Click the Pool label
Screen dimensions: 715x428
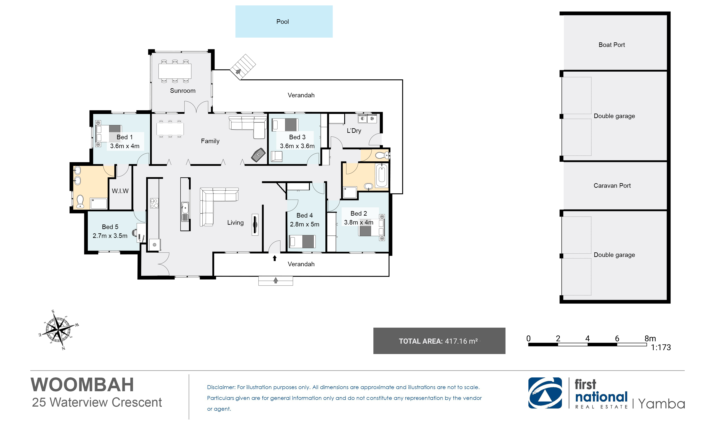pos(283,22)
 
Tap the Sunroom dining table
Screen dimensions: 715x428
pos(175,71)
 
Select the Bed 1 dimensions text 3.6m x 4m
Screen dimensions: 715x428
pos(125,146)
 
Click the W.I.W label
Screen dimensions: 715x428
pos(120,191)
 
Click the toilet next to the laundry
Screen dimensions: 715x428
pos(383,155)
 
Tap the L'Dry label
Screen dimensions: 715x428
pos(354,131)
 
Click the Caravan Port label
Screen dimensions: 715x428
pos(612,185)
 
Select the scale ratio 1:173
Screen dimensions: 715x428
pos(661,347)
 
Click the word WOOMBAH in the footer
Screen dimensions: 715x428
pos(82,385)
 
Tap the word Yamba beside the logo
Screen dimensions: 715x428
pos(661,404)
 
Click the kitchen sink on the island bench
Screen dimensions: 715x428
pos(185,212)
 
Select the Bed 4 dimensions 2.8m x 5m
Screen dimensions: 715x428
pos(304,224)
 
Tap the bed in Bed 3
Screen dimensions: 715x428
pos(285,125)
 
